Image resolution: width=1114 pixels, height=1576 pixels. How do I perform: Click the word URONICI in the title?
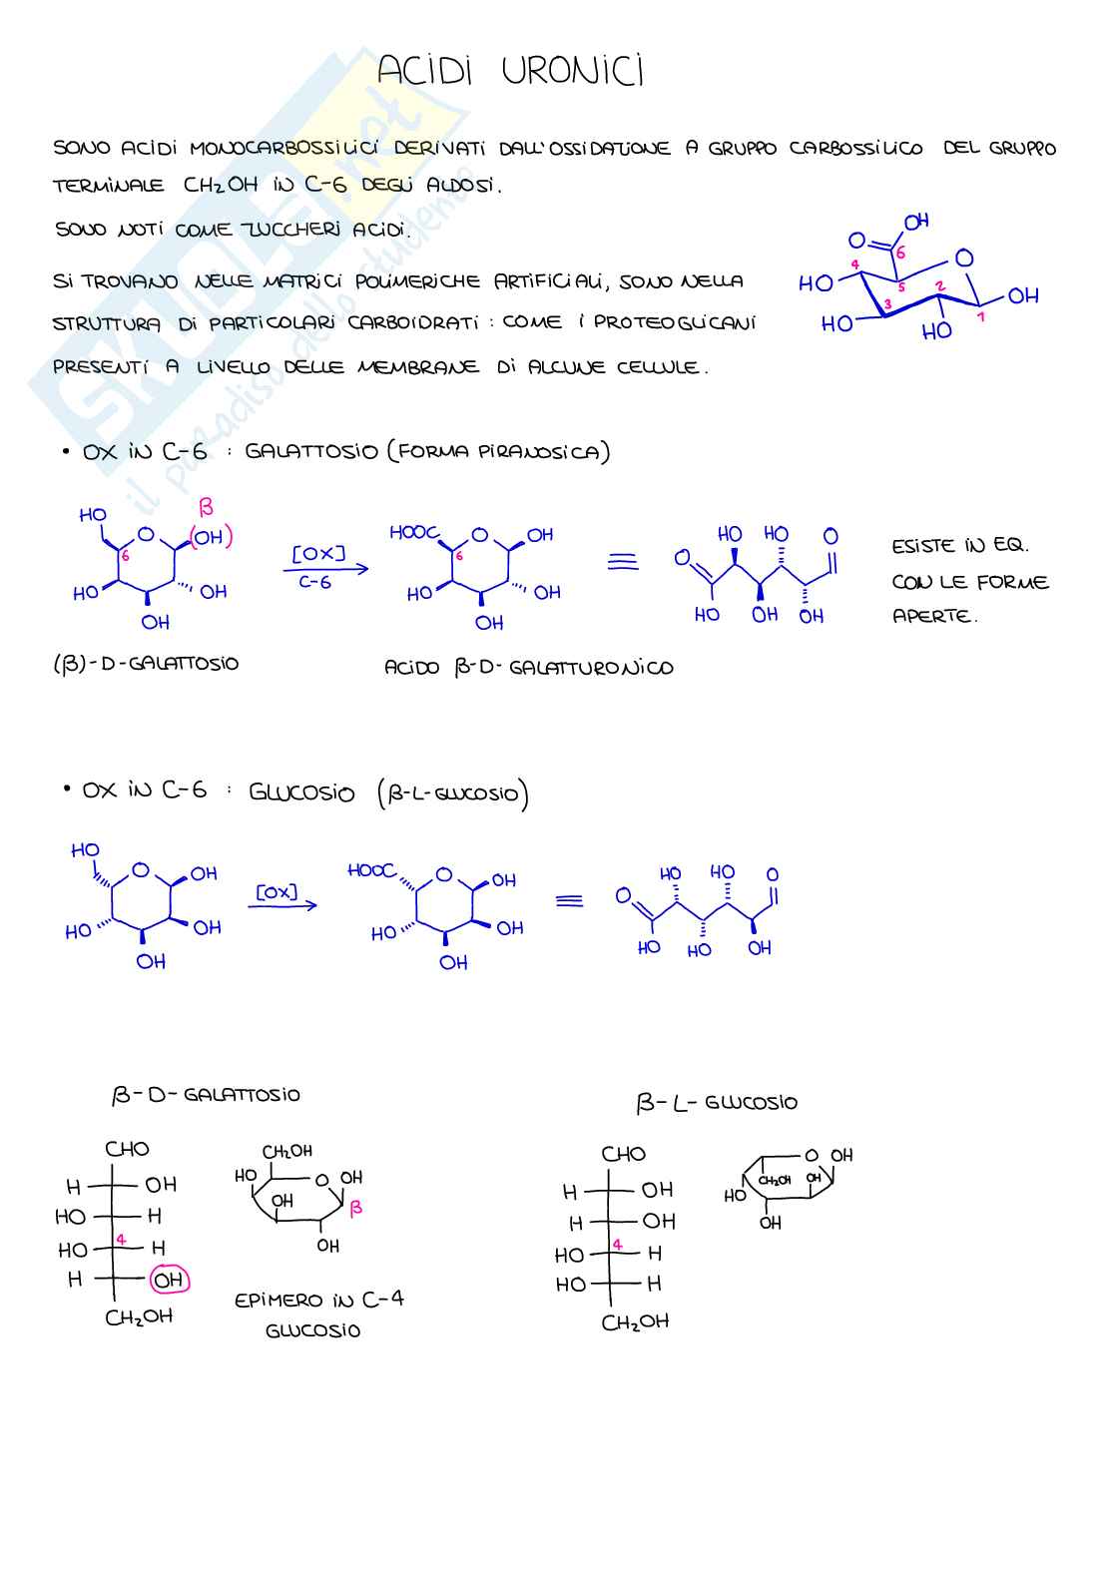tap(572, 71)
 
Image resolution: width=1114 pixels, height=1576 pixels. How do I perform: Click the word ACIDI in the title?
tap(423, 71)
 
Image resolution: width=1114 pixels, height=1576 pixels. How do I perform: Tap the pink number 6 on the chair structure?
tap(900, 254)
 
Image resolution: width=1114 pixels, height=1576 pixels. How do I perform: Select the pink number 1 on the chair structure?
tap(981, 316)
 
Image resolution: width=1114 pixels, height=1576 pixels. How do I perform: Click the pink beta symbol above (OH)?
tap(206, 507)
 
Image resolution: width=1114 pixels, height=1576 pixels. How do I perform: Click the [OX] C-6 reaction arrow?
tap(325, 569)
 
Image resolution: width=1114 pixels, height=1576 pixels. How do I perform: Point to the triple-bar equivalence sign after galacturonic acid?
tap(623, 562)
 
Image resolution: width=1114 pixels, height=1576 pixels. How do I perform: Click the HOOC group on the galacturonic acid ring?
tap(412, 533)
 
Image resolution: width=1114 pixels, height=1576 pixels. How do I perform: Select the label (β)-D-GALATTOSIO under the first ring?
tap(146, 663)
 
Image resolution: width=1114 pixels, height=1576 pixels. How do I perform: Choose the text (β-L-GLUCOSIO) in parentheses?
tap(453, 794)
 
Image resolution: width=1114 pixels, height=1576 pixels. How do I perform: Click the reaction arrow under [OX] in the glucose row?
tap(282, 905)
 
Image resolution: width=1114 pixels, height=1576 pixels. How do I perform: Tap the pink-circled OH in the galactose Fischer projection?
tap(169, 1280)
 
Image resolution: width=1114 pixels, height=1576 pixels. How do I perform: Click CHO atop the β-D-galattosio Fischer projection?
tap(127, 1149)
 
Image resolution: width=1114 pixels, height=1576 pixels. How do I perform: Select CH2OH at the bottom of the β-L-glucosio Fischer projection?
tap(634, 1322)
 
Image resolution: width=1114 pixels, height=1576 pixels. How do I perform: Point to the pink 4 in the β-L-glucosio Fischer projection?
tap(617, 1245)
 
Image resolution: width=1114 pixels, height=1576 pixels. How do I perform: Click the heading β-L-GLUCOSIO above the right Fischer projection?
tap(717, 1103)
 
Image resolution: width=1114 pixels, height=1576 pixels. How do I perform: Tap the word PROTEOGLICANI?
tap(675, 322)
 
